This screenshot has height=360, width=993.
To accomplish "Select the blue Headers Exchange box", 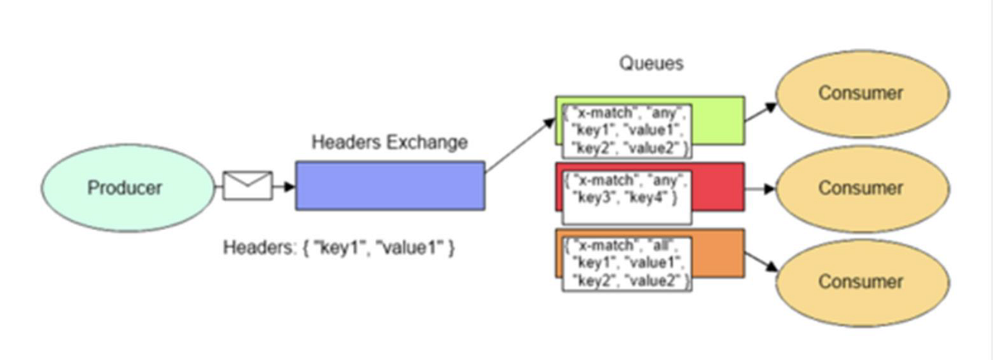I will [x=390, y=185].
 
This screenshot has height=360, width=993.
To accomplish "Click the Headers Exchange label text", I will [x=389, y=142].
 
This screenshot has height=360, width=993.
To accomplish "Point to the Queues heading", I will [x=652, y=64].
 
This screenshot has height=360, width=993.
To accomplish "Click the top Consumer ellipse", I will [x=861, y=93].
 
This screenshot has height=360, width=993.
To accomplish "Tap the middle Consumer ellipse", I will [x=861, y=188].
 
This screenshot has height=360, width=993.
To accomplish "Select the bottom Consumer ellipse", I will [x=861, y=281].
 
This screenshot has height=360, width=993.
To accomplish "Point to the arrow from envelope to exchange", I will [x=284, y=186].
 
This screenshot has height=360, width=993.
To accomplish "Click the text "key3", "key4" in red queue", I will [x=625, y=199].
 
